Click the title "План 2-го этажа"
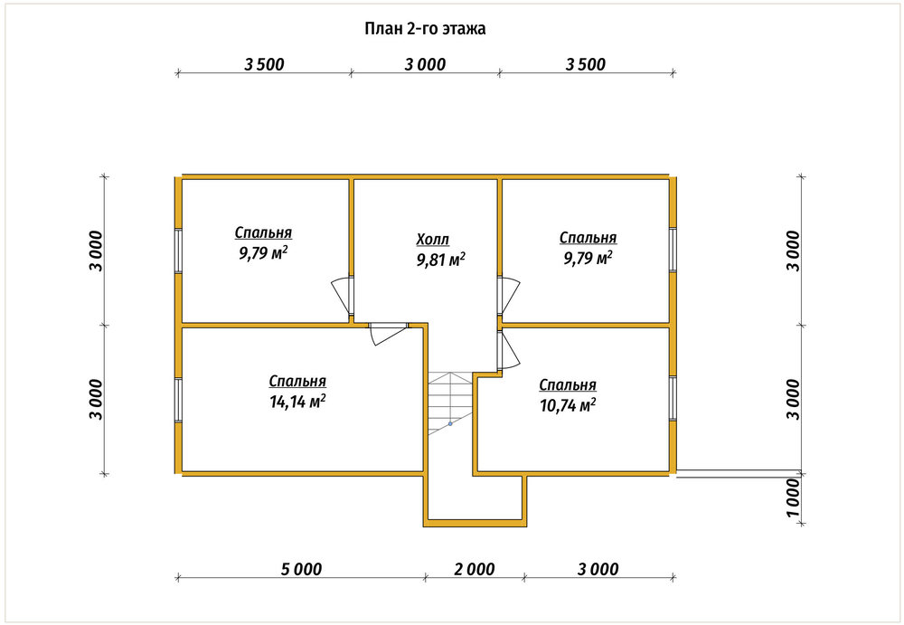tap(425, 28)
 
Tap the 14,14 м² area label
tap(297, 401)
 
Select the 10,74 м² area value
tap(568, 404)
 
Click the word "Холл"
tap(432, 239)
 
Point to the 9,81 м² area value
tap(440, 260)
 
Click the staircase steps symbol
tap(450, 403)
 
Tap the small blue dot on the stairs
tap(450, 423)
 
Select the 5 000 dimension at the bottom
tap(301, 569)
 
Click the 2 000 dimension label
tap(474, 569)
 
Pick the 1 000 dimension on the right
tap(794, 498)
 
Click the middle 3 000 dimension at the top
tap(425, 64)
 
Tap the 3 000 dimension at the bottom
tap(598, 569)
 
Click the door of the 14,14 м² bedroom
tap(388, 334)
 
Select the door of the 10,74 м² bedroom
tap(509, 349)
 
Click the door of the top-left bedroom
tap(343, 296)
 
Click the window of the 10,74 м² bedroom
tap(673, 398)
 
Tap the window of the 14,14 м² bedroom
tap(179, 401)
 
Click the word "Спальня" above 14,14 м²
tap(297, 382)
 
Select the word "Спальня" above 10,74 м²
tap(568, 385)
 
